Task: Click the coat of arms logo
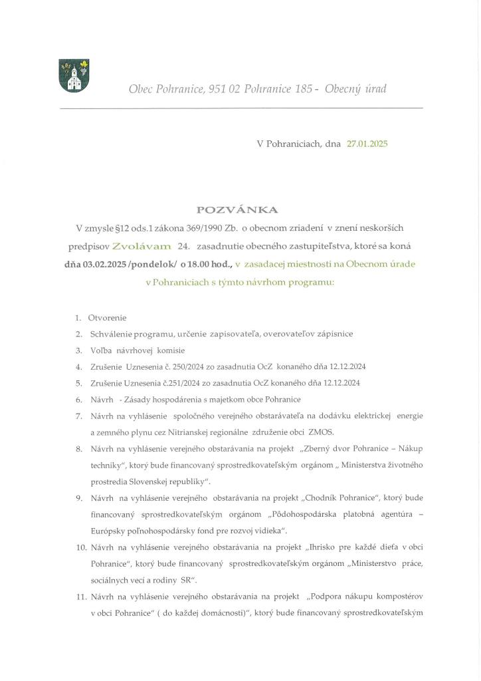pyautogui.click(x=74, y=75)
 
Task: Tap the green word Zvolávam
pyautogui.click(x=142, y=246)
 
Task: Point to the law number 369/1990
pyautogui.click(x=205, y=228)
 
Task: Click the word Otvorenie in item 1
pyautogui.click(x=107, y=317)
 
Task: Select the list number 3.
pyautogui.click(x=78, y=350)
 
